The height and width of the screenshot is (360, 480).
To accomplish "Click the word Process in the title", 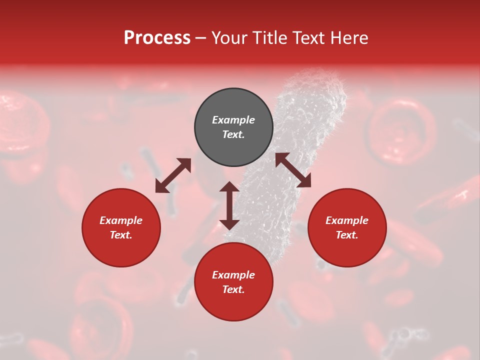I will [157, 38].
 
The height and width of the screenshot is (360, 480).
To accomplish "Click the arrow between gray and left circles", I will [173, 175].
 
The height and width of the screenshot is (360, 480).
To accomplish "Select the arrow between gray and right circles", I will [293, 170].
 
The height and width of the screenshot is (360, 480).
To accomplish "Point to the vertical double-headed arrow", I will [229, 205].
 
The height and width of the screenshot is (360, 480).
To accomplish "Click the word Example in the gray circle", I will [233, 120].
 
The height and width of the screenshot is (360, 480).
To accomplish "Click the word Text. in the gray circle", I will [233, 134].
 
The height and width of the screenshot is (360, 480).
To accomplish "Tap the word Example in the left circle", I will [121, 220].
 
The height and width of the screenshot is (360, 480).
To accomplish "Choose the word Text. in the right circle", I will [347, 235].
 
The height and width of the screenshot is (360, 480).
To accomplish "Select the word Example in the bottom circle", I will [233, 275].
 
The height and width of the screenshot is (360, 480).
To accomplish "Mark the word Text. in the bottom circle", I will [233, 289].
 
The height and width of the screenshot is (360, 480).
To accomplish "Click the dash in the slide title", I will [200, 38].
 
